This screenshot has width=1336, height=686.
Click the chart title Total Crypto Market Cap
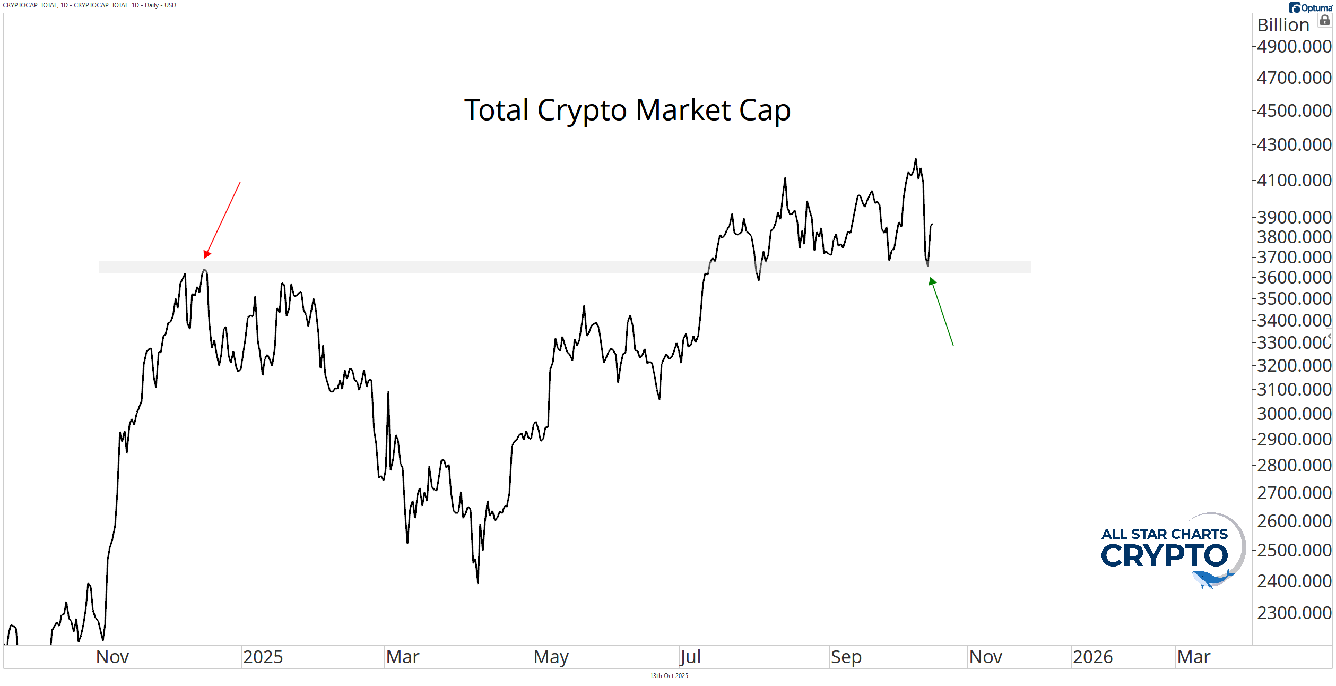click(x=627, y=110)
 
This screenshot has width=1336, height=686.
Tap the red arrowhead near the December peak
click(x=206, y=254)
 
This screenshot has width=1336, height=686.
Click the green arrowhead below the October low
click(x=932, y=281)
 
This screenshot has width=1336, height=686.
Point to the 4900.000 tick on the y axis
click(x=1294, y=47)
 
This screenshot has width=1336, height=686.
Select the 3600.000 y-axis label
click(x=1294, y=277)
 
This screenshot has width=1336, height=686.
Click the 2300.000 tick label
click(x=1294, y=613)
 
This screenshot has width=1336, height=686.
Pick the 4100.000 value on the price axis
click(x=1294, y=180)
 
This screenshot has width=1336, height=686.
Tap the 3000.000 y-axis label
click(x=1294, y=414)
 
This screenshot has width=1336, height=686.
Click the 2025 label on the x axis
click(x=263, y=657)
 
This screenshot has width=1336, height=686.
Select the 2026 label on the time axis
click(x=1092, y=657)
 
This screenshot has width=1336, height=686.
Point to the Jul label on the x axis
click(x=690, y=657)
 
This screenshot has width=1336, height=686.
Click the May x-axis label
click(x=551, y=657)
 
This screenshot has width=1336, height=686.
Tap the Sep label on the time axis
click(x=846, y=657)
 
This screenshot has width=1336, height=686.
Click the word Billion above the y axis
click(x=1283, y=25)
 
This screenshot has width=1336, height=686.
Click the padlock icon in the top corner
click(x=1325, y=20)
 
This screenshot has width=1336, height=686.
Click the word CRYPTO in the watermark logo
click(x=1164, y=556)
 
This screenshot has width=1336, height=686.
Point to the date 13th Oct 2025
click(x=669, y=676)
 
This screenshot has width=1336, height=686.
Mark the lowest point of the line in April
click(x=478, y=583)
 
